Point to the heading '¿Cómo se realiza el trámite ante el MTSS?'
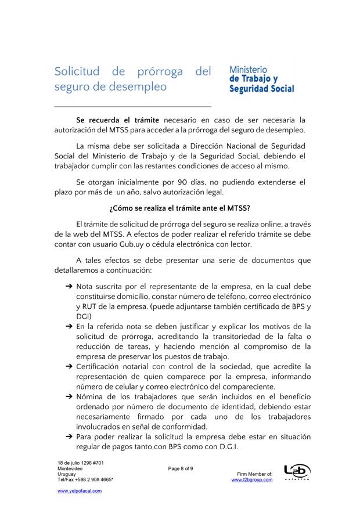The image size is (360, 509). (x=179, y=208)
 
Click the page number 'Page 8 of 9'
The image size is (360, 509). (x=180, y=468)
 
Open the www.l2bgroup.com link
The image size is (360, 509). (x=251, y=480)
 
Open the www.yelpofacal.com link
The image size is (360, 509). (x=79, y=491)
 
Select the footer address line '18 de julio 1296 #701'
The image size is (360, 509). (x=81, y=463)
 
